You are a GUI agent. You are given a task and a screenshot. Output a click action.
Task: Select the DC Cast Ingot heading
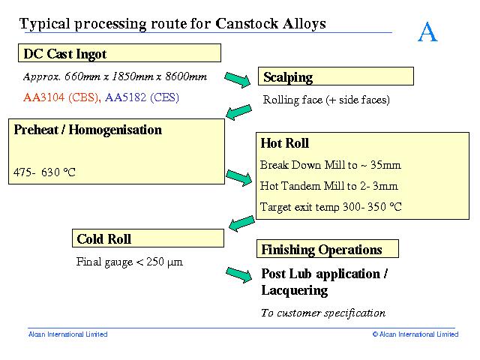[65, 54]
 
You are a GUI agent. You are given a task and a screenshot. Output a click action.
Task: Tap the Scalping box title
[288, 77]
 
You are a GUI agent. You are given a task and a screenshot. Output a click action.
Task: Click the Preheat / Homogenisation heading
[88, 130]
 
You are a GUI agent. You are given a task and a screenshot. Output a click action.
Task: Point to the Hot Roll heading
[284, 143]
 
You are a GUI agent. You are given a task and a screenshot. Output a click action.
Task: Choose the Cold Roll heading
[103, 239]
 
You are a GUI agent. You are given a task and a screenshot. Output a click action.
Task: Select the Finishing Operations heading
[321, 250]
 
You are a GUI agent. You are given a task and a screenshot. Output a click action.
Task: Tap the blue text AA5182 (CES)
[142, 97]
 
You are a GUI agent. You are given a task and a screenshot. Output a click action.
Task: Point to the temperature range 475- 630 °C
[44, 172]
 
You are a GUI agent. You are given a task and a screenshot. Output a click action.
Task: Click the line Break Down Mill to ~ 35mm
[330, 165]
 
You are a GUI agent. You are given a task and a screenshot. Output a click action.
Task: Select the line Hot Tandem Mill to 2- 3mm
[328, 186]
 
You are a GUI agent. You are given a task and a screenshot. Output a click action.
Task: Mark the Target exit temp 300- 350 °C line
[331, 207]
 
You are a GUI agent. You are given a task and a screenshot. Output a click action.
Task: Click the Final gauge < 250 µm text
[129, 262]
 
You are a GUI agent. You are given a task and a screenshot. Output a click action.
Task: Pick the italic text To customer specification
[322, 313]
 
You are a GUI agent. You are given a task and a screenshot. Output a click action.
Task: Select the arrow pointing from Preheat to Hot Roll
[238, 178]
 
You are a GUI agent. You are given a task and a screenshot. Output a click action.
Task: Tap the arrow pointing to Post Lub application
[238, 275]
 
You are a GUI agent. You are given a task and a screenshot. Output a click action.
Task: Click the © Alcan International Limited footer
[415, 334]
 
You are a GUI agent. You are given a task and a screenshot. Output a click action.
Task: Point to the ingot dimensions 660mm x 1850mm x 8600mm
[115, 76]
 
